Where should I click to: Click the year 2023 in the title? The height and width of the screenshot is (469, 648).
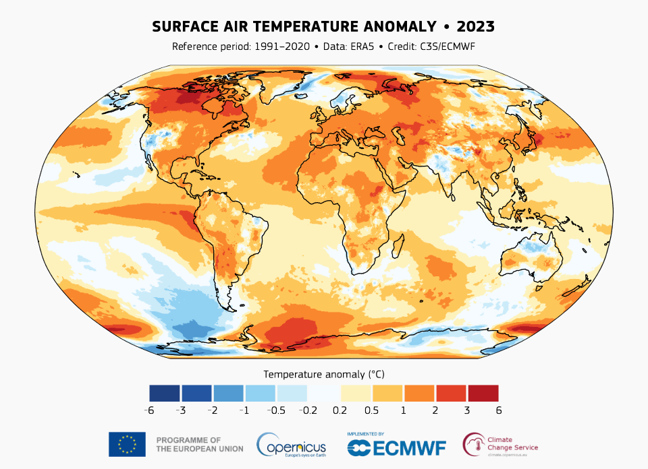tap(476, 27)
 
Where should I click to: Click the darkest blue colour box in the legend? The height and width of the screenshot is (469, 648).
tap(165, 393)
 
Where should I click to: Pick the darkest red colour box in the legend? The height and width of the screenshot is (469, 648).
tap(483, 393)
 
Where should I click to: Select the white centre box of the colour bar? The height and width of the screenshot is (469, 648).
tap(324, 393)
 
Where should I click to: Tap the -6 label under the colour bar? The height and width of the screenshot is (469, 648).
tap(149, 410)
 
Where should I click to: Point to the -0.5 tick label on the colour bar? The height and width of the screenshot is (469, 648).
tap(276, 410)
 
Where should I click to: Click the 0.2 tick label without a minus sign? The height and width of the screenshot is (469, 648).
tap(340, 410)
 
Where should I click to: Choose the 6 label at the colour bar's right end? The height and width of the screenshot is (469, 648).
tap(499, 410)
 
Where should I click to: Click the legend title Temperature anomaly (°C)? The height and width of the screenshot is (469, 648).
tap(324, 373)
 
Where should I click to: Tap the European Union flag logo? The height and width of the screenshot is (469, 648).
tap(127, 444)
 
